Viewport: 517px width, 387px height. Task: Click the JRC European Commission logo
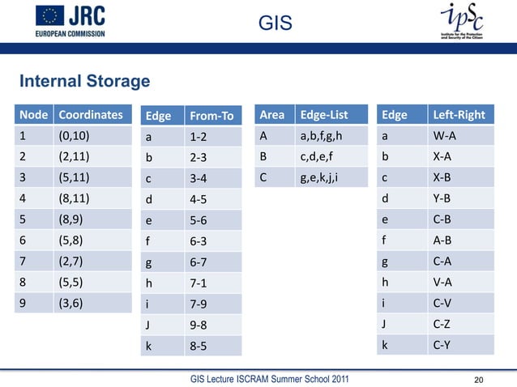tap(70, 21)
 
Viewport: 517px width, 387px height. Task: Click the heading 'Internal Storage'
tap(85, 82)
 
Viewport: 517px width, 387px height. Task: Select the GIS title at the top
tap(274, 25)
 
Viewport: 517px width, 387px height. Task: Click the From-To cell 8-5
tap(199, 344)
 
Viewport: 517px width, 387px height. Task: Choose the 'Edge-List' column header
tap(322, 115)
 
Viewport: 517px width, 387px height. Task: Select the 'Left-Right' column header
tap(459, 115)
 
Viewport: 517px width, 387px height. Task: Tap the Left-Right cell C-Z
tap(444, 325)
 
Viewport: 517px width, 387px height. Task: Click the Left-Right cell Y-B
tap(444, 198)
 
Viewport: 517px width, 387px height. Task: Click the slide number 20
tap(483, 379)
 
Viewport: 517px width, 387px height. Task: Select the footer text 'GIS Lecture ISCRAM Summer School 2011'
tap(270, 379)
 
